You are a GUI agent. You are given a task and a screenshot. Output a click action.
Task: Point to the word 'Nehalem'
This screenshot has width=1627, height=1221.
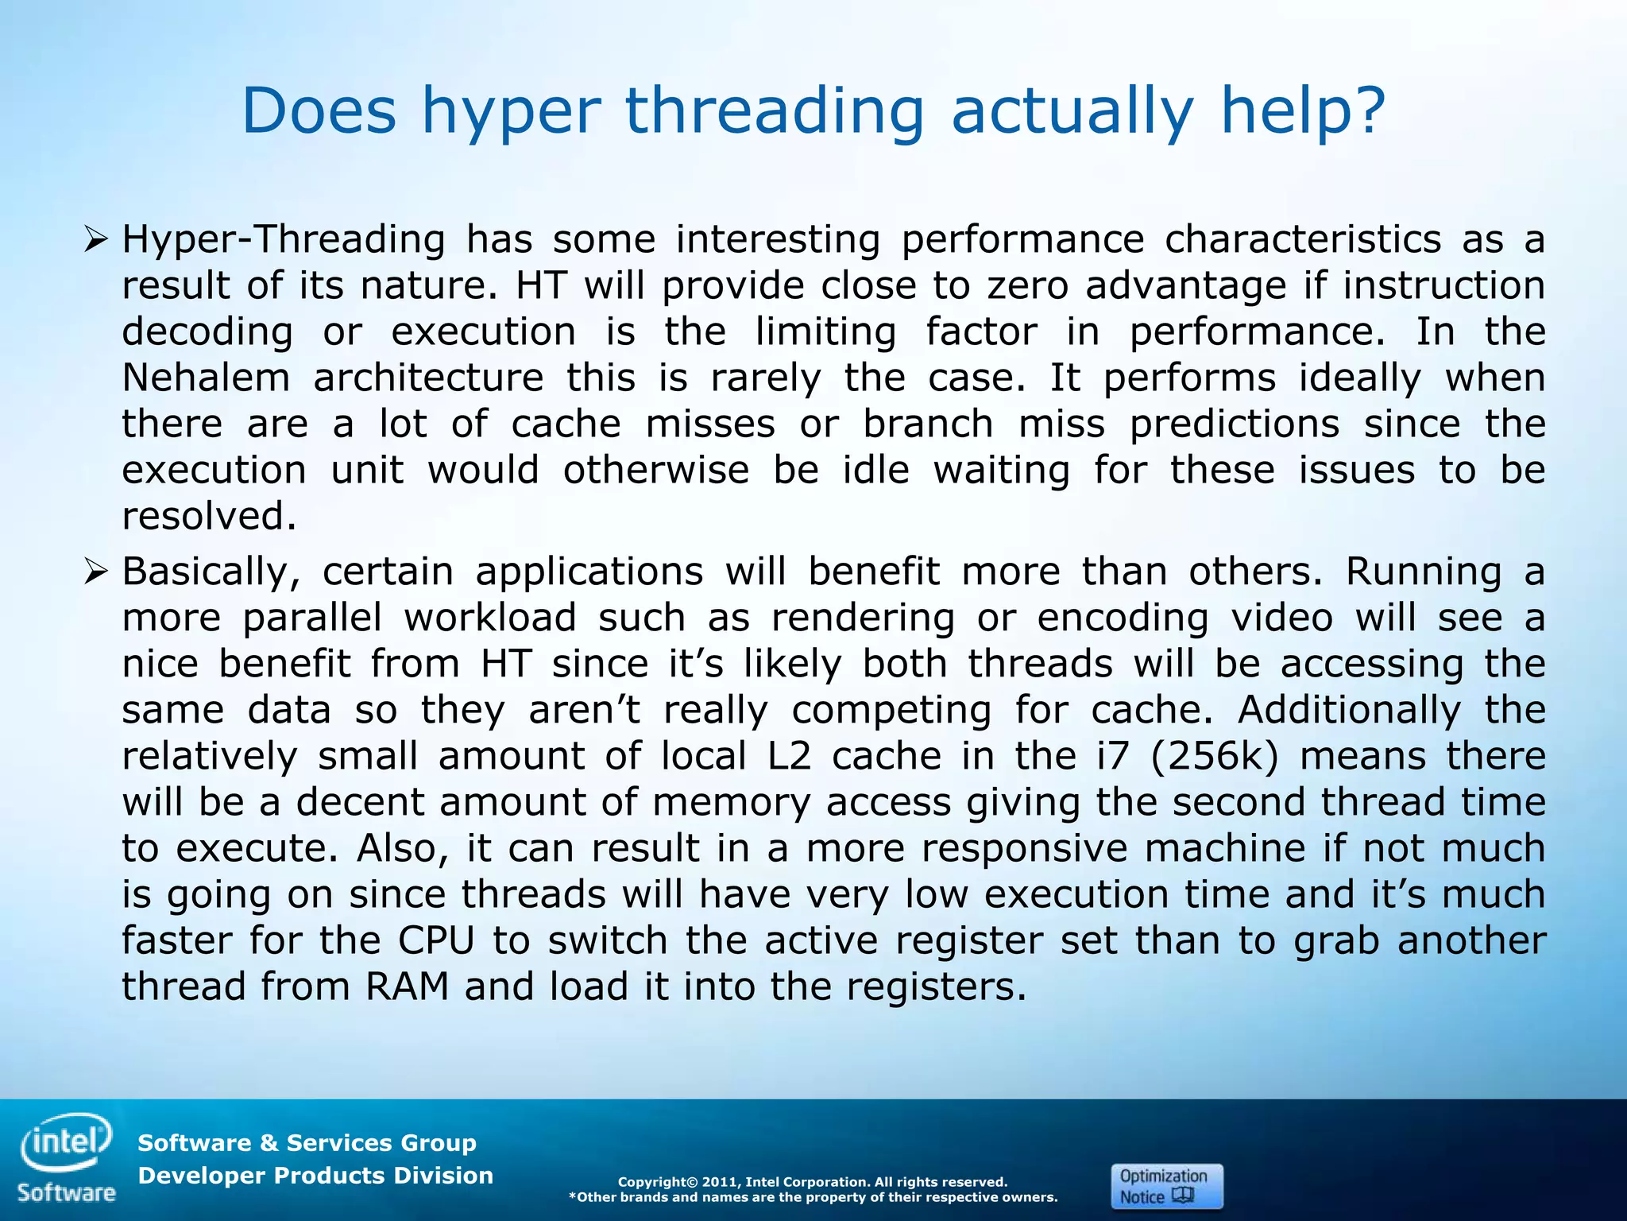[x=206, y=378]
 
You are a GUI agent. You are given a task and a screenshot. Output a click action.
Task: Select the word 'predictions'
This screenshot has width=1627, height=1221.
[x=1235, y=424]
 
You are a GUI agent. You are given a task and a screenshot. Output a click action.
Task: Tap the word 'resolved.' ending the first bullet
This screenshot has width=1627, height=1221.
[x=209, y=517]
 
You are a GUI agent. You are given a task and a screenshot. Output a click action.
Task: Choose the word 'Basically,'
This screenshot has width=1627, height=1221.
[x=211, y=572]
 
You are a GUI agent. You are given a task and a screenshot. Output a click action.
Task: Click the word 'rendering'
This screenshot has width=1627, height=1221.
[x=863, y=618]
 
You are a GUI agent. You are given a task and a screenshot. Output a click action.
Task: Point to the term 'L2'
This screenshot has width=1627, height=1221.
[x=790, y=756]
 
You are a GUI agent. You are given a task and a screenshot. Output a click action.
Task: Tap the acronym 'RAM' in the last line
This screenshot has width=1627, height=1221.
[x=407, y=987]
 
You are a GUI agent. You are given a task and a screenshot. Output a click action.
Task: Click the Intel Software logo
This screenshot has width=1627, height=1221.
[x=67, y=1158]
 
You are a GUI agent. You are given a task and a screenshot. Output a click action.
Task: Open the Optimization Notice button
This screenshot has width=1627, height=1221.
[x=1166, y=1186]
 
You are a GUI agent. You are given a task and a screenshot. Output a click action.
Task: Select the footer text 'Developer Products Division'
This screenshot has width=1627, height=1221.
[x=315, y=1176]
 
